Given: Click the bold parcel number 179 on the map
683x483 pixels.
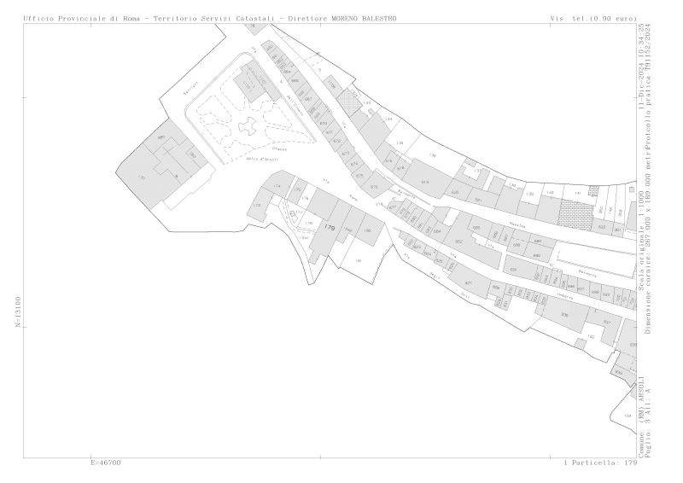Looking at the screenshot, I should click(x=330, y=228).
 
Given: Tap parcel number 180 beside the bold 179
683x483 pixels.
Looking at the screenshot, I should click(x=348, y=230).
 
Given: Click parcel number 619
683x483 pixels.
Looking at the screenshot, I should click(x=424, y=183).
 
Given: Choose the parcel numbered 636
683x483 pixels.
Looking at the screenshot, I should click(x=564, y=314).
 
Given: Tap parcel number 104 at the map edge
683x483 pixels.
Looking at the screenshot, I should click(x=628, y=415).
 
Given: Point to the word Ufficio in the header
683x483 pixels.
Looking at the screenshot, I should click(x=39, y=18).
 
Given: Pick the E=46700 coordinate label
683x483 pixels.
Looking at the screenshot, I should click(x=105, y=463).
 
